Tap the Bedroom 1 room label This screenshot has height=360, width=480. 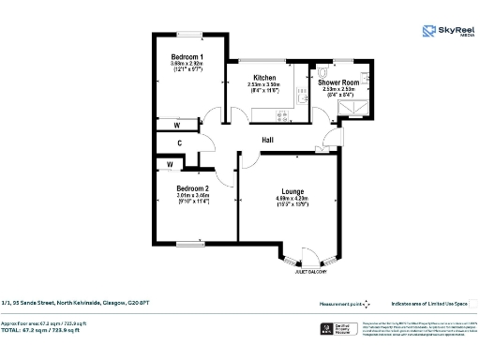point(187,57)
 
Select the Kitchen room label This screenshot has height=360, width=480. point(263,78)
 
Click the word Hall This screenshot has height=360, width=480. point(267,140)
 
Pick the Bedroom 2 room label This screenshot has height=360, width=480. point(192,188)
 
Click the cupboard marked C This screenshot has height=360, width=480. point(179,143)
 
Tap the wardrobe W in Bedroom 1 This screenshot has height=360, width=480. point(176,125)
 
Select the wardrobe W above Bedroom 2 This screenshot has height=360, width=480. point(170,165)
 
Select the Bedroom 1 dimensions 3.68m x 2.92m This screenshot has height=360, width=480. point(187,65)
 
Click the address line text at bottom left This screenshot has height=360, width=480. point(74,303)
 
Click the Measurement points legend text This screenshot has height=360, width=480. point(337,303)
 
